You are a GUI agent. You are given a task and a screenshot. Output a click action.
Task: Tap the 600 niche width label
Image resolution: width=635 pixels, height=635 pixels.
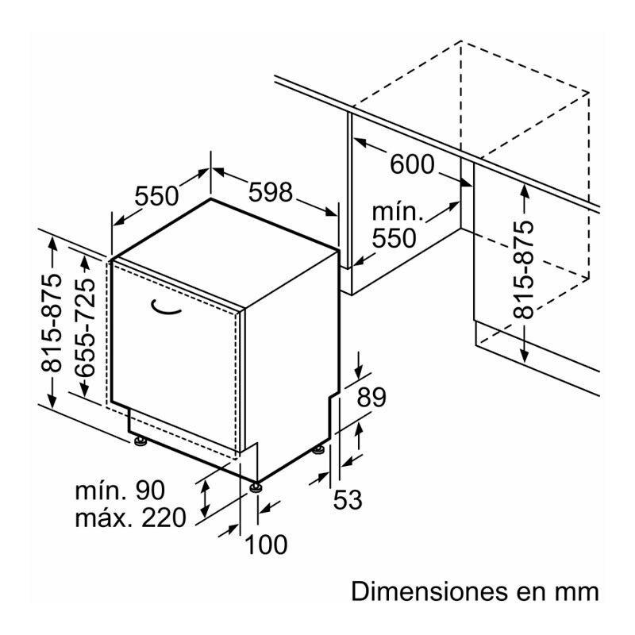(413, 164)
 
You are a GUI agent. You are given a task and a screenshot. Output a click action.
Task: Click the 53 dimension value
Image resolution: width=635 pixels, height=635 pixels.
(347, 499)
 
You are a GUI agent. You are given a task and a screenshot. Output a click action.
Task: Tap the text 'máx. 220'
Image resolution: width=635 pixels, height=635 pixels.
(130, 518)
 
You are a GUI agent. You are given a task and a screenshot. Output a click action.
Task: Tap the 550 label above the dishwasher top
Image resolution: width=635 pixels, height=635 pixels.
(157, 195)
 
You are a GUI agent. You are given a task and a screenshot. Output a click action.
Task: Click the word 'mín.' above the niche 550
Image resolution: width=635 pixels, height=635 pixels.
(396, 212)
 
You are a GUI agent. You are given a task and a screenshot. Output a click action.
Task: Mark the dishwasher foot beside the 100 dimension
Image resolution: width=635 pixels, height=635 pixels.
(256, 485)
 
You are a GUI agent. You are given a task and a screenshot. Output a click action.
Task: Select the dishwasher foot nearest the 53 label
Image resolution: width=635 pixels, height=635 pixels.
(318, 449)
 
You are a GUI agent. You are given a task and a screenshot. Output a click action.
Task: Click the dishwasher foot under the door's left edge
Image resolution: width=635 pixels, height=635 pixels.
(140, 441)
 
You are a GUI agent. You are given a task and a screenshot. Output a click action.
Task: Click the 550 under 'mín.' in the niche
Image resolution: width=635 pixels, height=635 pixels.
(394, 238)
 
